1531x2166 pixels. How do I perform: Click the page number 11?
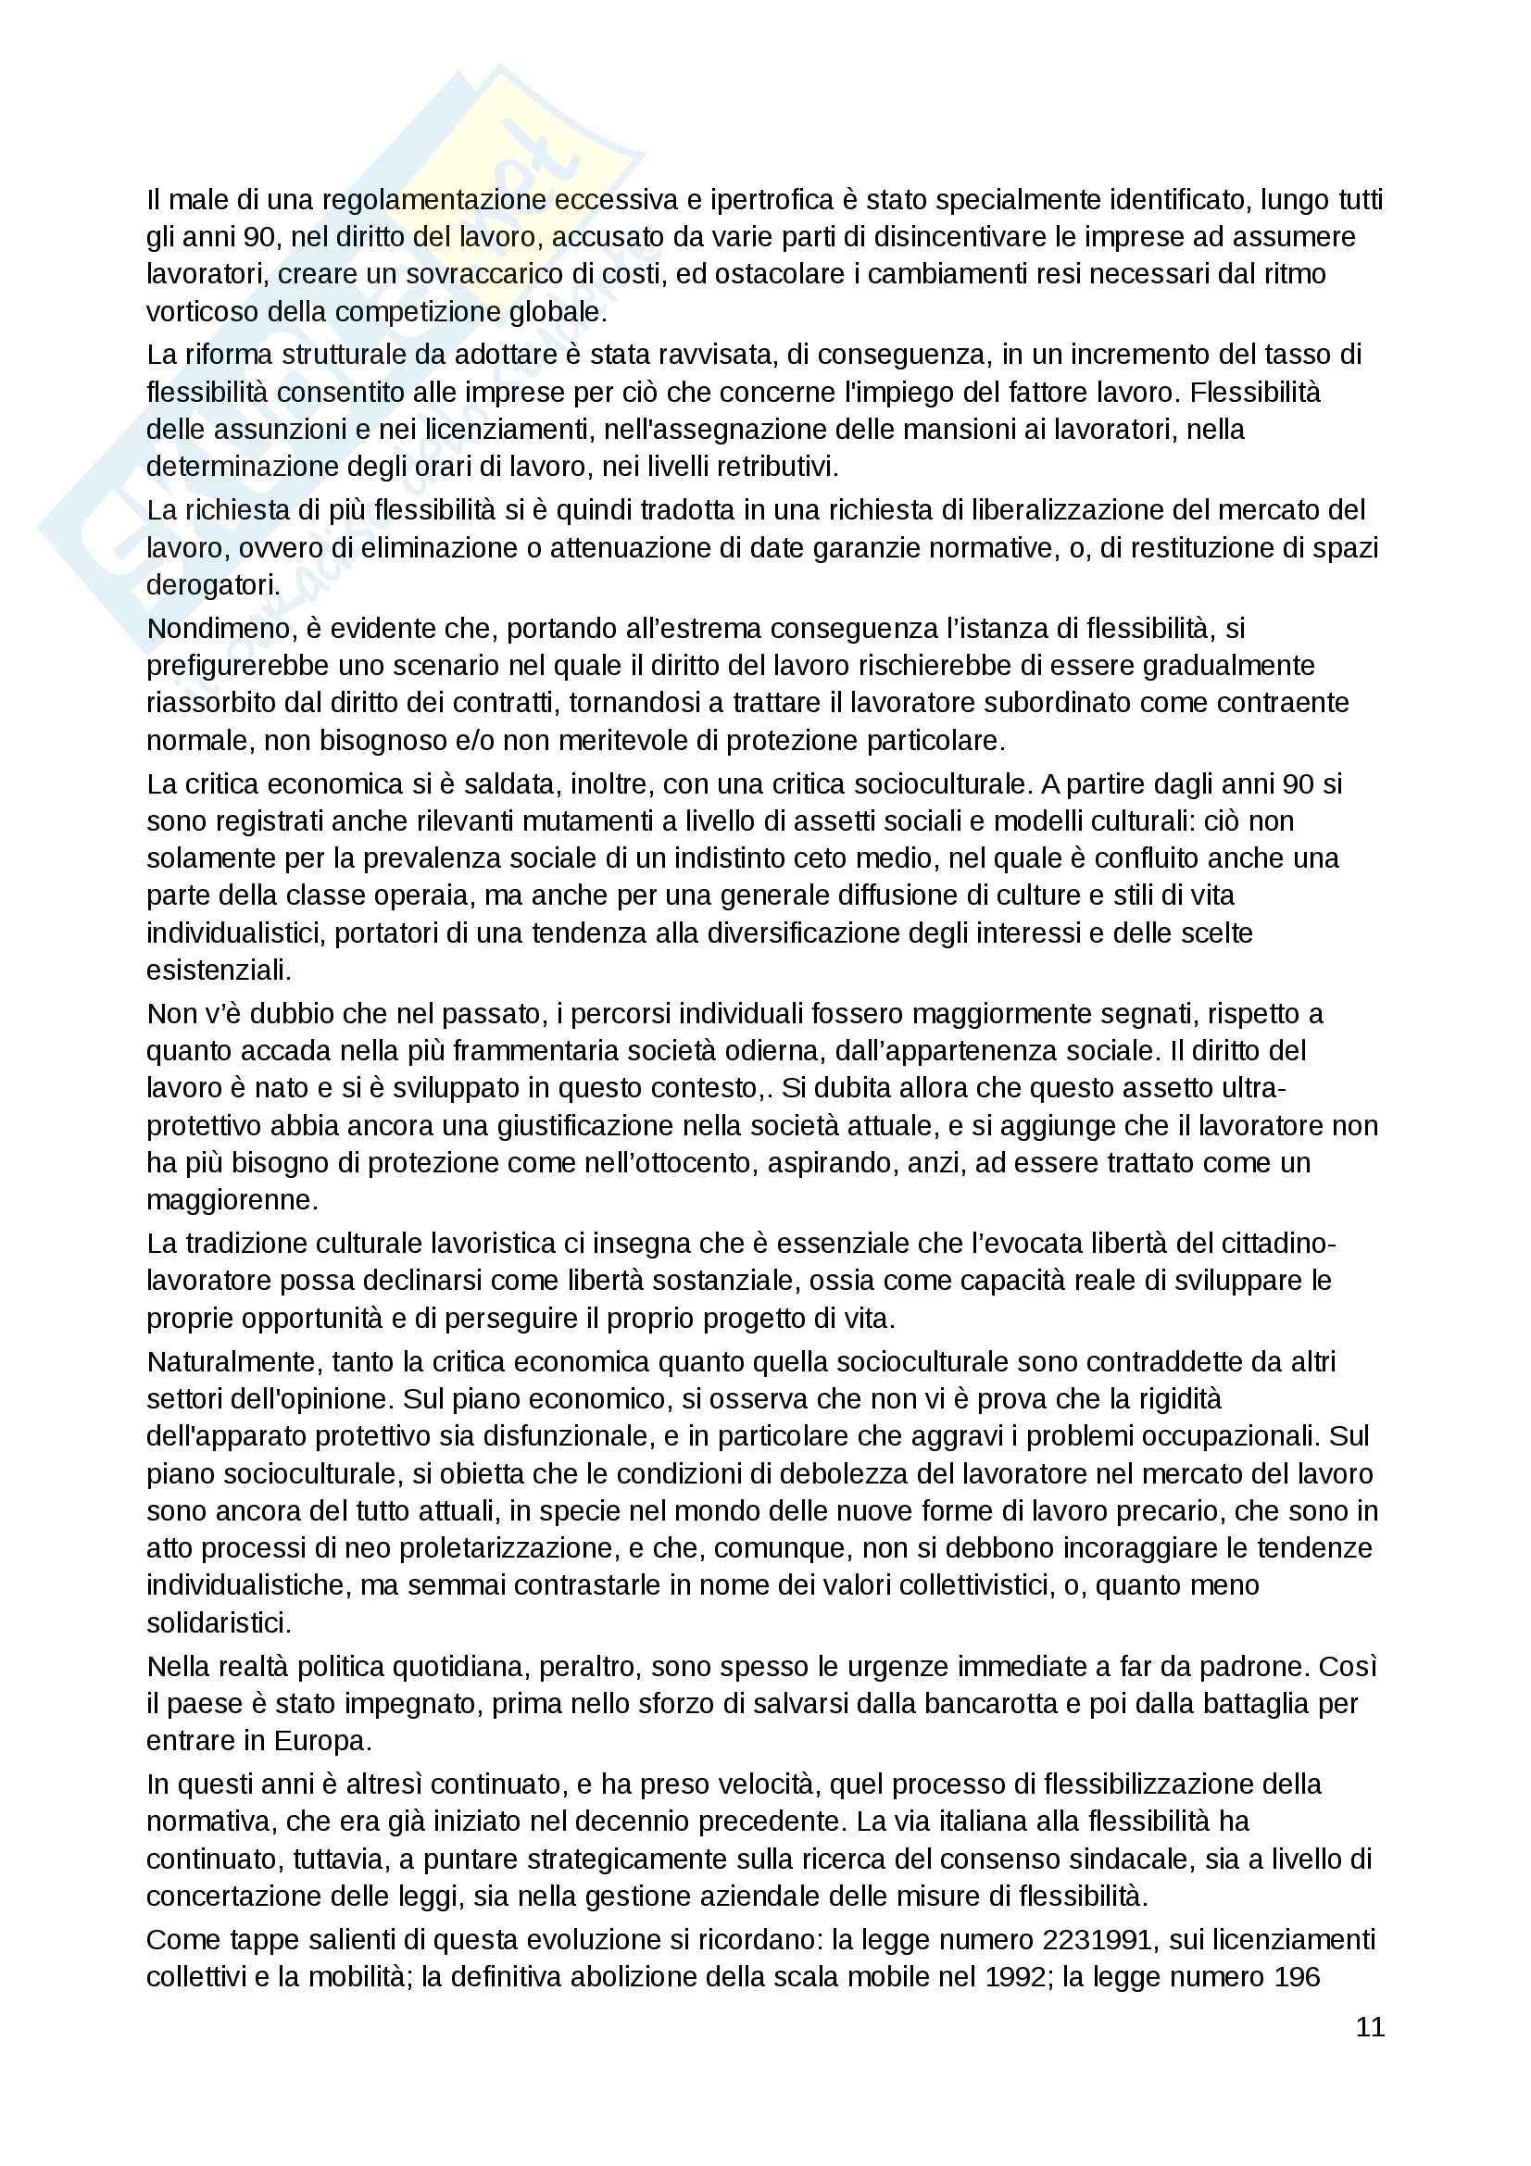1370,2026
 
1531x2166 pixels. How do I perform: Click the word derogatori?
212,585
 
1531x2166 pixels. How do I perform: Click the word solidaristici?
219,1622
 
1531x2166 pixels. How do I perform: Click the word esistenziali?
219,970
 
